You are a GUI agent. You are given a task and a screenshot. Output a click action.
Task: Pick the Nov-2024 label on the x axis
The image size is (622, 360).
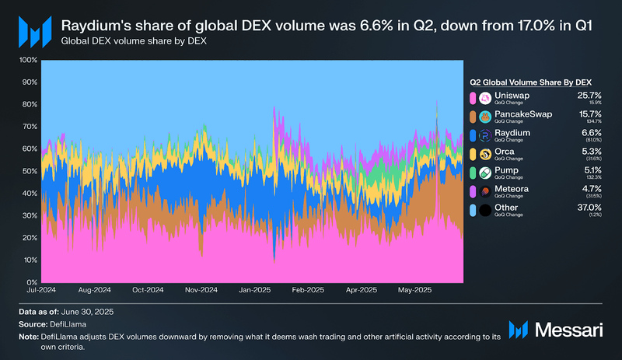pos(201,290)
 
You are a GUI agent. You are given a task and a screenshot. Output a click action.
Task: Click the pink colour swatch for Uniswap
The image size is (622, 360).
pos(472,98)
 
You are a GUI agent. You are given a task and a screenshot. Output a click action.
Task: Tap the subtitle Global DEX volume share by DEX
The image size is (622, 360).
pos(124,40)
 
